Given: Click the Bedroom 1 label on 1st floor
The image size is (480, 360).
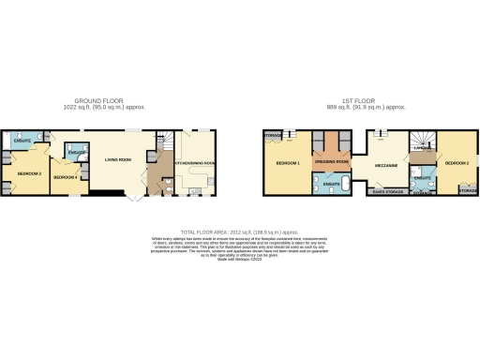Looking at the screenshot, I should click(x=288, y=163).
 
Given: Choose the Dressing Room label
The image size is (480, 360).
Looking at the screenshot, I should click(x=332, y=162).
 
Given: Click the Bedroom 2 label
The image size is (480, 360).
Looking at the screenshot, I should click(x=456, y=163).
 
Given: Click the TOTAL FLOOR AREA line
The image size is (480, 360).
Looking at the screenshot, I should click(x=239, y=230).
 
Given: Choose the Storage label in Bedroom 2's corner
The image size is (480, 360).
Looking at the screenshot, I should click(x=468, y=191).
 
